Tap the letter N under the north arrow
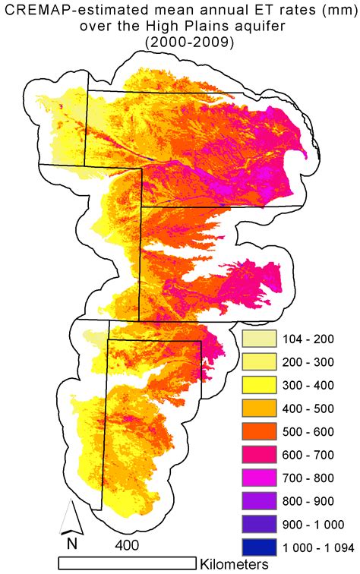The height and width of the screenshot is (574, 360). click(71, 544)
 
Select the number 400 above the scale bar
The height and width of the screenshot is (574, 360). click(128, 545)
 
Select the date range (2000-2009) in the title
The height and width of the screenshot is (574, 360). click(179, 44)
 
